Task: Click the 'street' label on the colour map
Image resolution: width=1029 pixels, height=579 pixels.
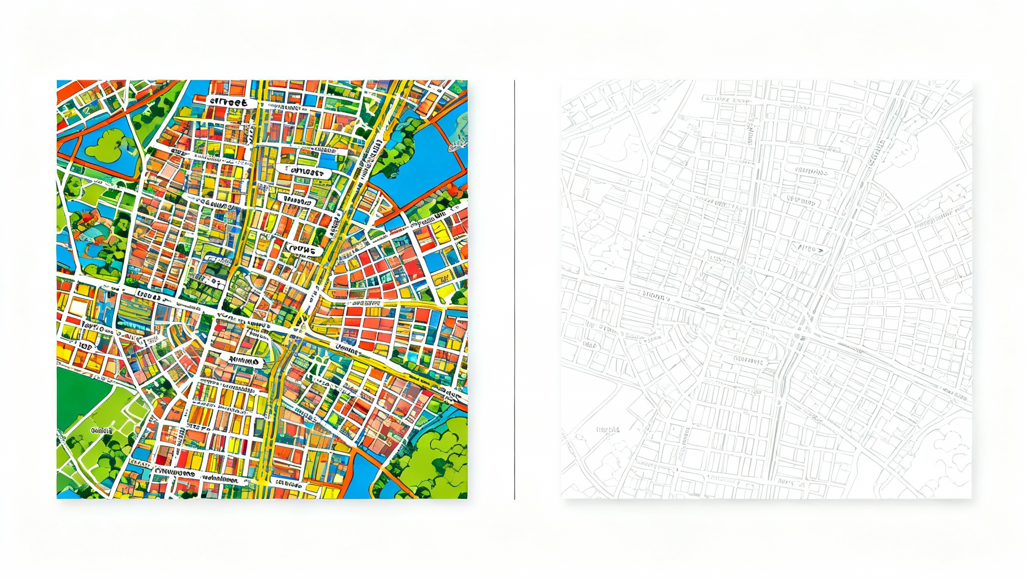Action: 229,102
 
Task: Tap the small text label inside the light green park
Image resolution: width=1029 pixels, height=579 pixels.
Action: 102,431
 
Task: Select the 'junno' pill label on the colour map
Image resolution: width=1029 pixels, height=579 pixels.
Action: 243,360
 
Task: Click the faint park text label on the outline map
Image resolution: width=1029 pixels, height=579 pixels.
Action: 608,430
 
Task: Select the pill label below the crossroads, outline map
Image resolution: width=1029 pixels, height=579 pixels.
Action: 749,360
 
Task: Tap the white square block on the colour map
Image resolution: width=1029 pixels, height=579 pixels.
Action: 78,306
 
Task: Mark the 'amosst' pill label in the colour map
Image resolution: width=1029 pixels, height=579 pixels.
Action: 305,172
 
